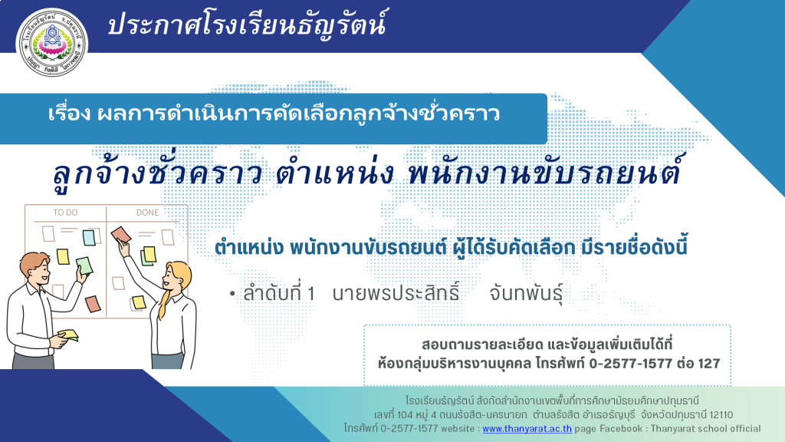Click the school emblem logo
[x=52, y=43]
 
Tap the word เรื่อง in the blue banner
[x=69, y=114]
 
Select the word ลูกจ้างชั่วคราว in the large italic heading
[x=158, y=172]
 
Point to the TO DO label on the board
[x=66, y=213]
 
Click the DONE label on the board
[x=148, y=213]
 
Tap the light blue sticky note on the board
[x=89, y=237]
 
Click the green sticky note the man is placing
[x=84, y=266]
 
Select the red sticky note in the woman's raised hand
[x=120, y=235]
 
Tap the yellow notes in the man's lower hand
[x=69, y=335]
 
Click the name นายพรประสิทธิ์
[x=396, y=292]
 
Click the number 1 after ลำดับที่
[x=311, y=294]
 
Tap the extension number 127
[x=709, y=363]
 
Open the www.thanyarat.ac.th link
[x=527, y=428]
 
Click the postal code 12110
[x=721, y=415]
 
